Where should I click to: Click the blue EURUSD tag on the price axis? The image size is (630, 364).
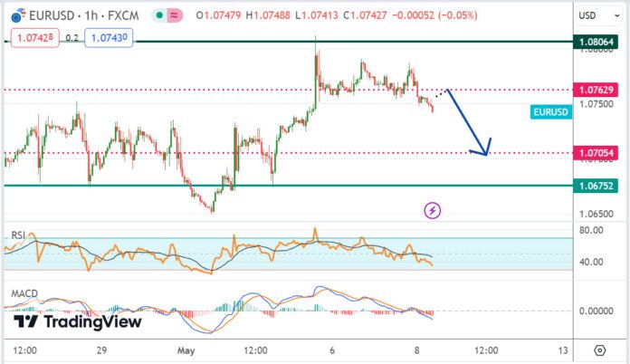tap(550, 111)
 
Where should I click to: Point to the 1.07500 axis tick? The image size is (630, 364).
tap(597, 104)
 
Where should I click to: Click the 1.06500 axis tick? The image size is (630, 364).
tap(597, 215)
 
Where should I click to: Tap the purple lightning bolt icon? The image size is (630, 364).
tap(433, 211)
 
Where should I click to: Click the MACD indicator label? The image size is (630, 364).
tap(24, 294)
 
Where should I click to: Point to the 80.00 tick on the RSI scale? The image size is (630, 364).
tap(592, 230)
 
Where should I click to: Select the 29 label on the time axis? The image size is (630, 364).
tap(102, 350)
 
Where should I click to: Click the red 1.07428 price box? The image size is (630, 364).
tap(33, 37)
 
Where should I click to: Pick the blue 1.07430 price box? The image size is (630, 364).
tap(107, 37)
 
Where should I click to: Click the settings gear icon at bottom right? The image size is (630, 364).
tap(599, 350)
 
